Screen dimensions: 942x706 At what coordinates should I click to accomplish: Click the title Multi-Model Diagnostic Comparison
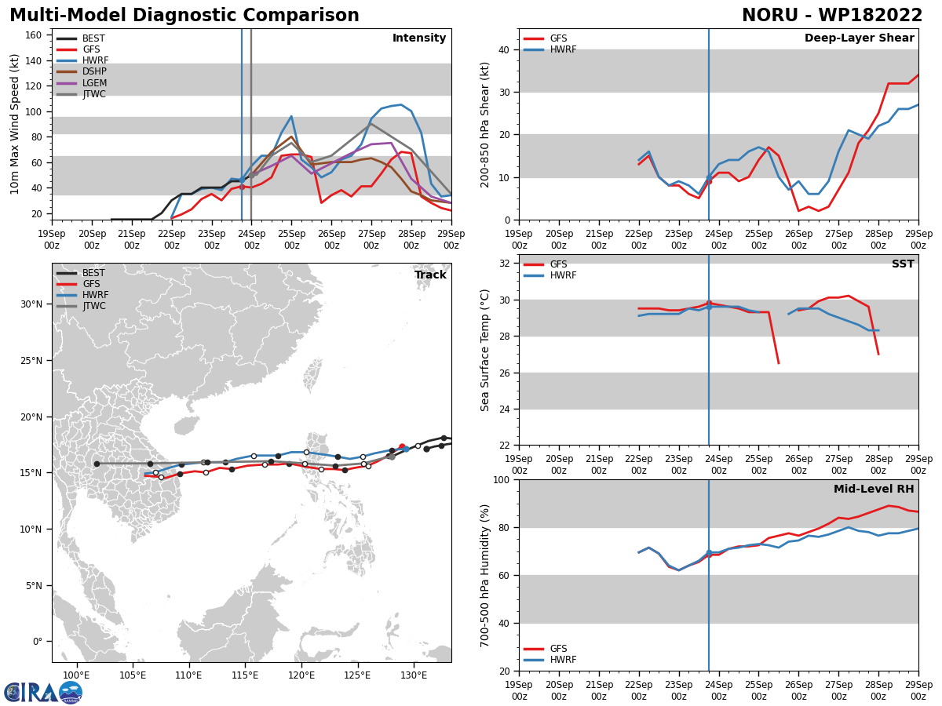pos(184,15)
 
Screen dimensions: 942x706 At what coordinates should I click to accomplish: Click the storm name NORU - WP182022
pos(831,15)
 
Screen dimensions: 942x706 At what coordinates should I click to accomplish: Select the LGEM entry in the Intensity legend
pos(82,82)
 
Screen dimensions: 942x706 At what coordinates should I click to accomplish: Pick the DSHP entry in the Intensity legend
pos(82,71)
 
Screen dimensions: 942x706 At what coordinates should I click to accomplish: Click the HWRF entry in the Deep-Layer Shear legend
pos(550,49)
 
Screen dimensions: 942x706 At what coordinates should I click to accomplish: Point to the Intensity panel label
pos(419,38)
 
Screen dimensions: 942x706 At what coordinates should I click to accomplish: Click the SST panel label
pos(903,264)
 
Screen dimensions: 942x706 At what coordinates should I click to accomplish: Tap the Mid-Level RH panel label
pos(874,489)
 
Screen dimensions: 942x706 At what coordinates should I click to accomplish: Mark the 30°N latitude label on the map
pos(31,304)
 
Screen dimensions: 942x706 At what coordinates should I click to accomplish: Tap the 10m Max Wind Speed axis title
pos(14,124)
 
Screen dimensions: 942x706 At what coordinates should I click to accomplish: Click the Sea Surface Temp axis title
pos(484,350)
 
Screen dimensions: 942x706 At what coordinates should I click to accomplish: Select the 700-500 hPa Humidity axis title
pos(484,576)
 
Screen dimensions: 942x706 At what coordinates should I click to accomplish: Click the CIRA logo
pos(43,693)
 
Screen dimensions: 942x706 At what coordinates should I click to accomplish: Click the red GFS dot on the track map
pos(402,446)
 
